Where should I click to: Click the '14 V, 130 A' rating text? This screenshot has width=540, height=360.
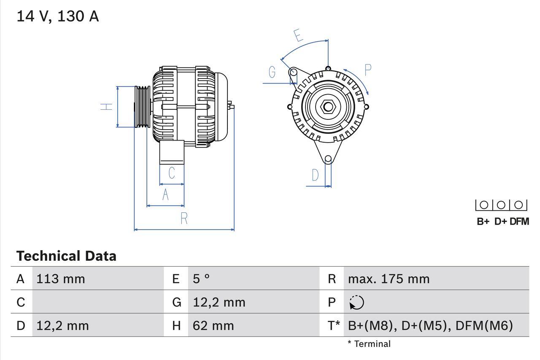click(x=57, y=16)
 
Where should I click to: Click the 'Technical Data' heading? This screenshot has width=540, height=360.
click(x=66, y=256)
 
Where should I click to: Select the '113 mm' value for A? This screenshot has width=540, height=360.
click(x=61, y=279)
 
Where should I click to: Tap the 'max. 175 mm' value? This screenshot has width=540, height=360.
click(x=389, y=279)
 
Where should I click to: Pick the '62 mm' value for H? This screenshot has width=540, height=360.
click(x=213, y=326)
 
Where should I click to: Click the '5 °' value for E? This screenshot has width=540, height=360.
click(x=201, y=279)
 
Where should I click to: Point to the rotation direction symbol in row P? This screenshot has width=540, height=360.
click(x=356, y=303)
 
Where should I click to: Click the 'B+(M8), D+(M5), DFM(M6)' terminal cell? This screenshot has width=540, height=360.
click(x=430, y=326)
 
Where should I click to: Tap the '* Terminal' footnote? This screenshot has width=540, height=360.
click(x=369, y=344)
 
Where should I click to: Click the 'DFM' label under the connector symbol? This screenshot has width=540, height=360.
click(x=519, y=222)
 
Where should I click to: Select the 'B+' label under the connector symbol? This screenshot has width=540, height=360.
click(x=483, y=222)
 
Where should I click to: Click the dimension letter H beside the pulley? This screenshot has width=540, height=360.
click(x=108, y=106)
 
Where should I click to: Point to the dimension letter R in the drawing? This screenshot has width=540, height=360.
click(x=184, y=219)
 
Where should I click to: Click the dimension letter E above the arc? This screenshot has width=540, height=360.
click(x=298, y=36)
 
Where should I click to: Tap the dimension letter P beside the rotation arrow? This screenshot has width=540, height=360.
click(x=367, y=70)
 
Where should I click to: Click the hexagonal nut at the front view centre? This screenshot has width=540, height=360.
click(x=328, y=106)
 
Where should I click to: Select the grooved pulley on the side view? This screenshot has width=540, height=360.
click(x=142, y=106)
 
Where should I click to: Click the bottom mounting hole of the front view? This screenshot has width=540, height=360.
click(x=328, y=159)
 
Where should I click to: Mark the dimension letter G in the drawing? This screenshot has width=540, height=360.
click(x=272, y=73)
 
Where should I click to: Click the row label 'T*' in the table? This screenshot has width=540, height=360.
click(x=333, y=326)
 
